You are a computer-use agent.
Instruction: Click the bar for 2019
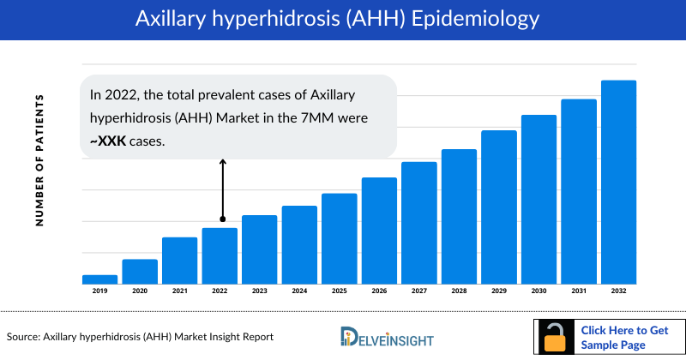(99, 279)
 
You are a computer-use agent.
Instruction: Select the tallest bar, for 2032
(618, 182)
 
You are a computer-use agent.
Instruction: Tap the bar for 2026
(379, 231)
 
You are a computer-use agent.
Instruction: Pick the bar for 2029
(499, 207)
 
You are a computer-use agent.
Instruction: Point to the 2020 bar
(140, 271)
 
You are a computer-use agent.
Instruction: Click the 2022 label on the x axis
(220, 291)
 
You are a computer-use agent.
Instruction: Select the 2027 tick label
(418, 291)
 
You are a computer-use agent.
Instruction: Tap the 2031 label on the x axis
(579, 291)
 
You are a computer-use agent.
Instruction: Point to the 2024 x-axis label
(299, 291)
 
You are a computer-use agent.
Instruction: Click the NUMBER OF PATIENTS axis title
(39, 160)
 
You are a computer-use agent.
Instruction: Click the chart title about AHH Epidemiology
(343, 18)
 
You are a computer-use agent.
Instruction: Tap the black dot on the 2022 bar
(222, 219)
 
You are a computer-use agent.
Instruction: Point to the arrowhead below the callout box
(222, 161)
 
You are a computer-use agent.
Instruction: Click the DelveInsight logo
(386, 336)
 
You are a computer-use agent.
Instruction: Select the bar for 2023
(259, 249)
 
